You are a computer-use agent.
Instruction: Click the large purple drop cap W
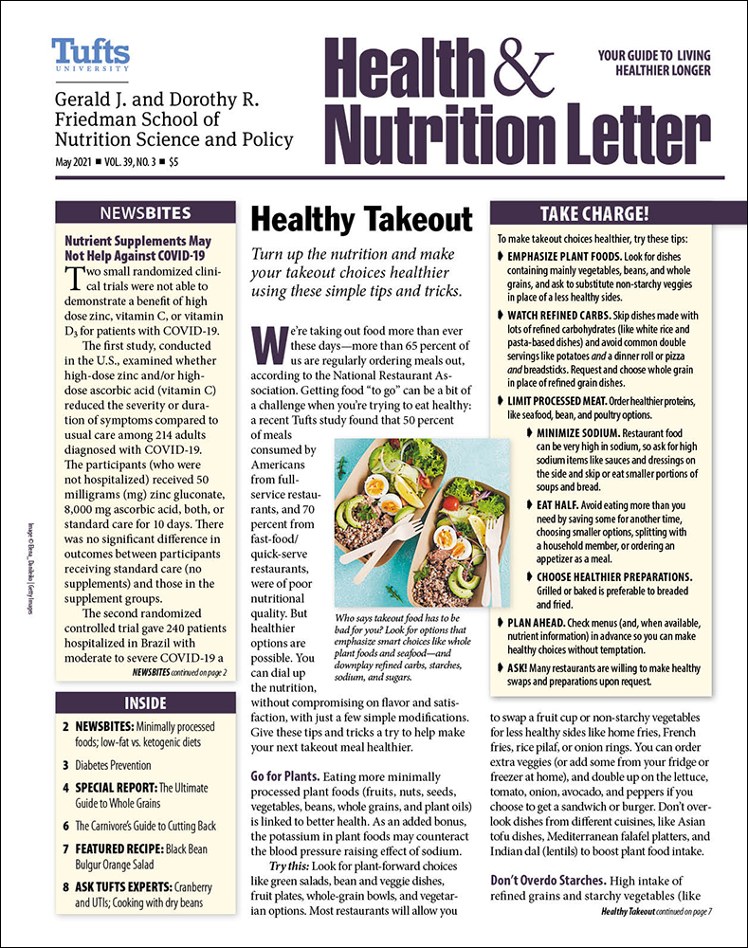[269, 347]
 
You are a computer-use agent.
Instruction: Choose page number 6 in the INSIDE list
[66, 798]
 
